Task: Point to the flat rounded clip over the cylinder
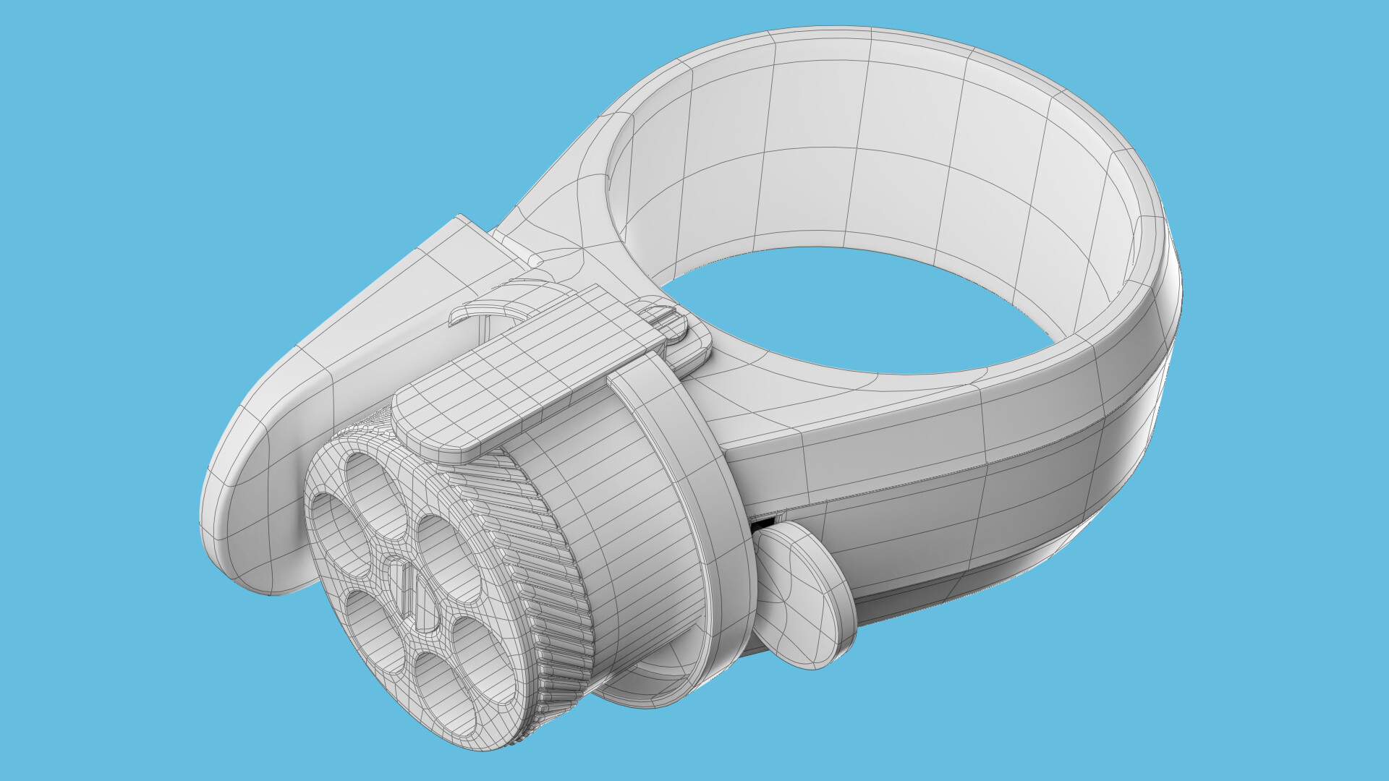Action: pos(521,376)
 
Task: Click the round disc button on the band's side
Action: pos(803,597)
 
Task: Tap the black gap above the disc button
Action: pos(768,520)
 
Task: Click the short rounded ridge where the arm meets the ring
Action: pos(521,250)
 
